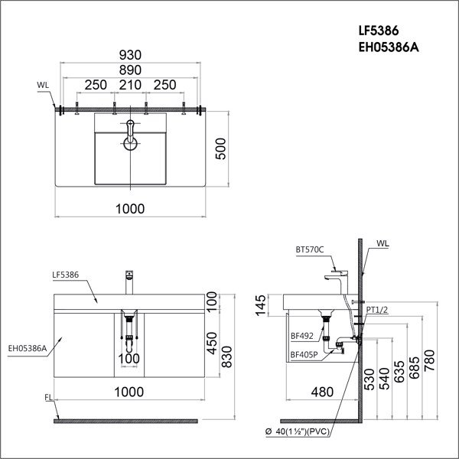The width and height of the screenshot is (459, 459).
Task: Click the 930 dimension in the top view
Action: [x=130, y=54]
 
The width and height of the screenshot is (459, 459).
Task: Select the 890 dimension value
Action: [x=130, y=70]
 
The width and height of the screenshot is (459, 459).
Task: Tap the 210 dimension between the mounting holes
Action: [x=130, y=85]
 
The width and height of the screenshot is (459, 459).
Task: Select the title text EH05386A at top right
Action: [x=389, y=48]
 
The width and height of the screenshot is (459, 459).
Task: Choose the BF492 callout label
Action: [x=301, y=334]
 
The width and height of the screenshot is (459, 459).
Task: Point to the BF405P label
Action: [x=304, y=354]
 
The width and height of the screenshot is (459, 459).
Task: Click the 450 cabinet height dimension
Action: [x=212, y=345]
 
